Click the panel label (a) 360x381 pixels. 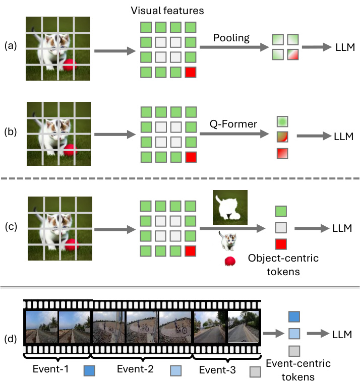coord(11,46)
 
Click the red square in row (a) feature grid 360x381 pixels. coord(191,72)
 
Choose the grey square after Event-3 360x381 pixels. coord(255,371)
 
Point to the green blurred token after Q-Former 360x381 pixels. coord(282,121)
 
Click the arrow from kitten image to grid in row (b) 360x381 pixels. coord(114,135)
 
